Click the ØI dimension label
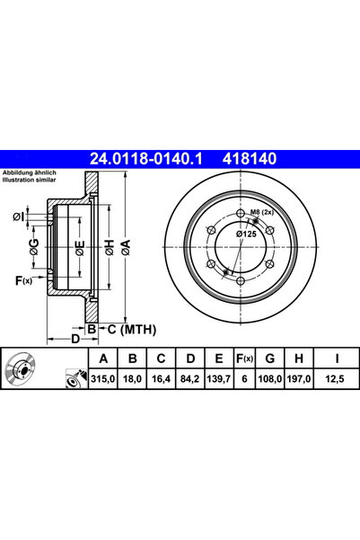pyautogui.click(x=19, y=216)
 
